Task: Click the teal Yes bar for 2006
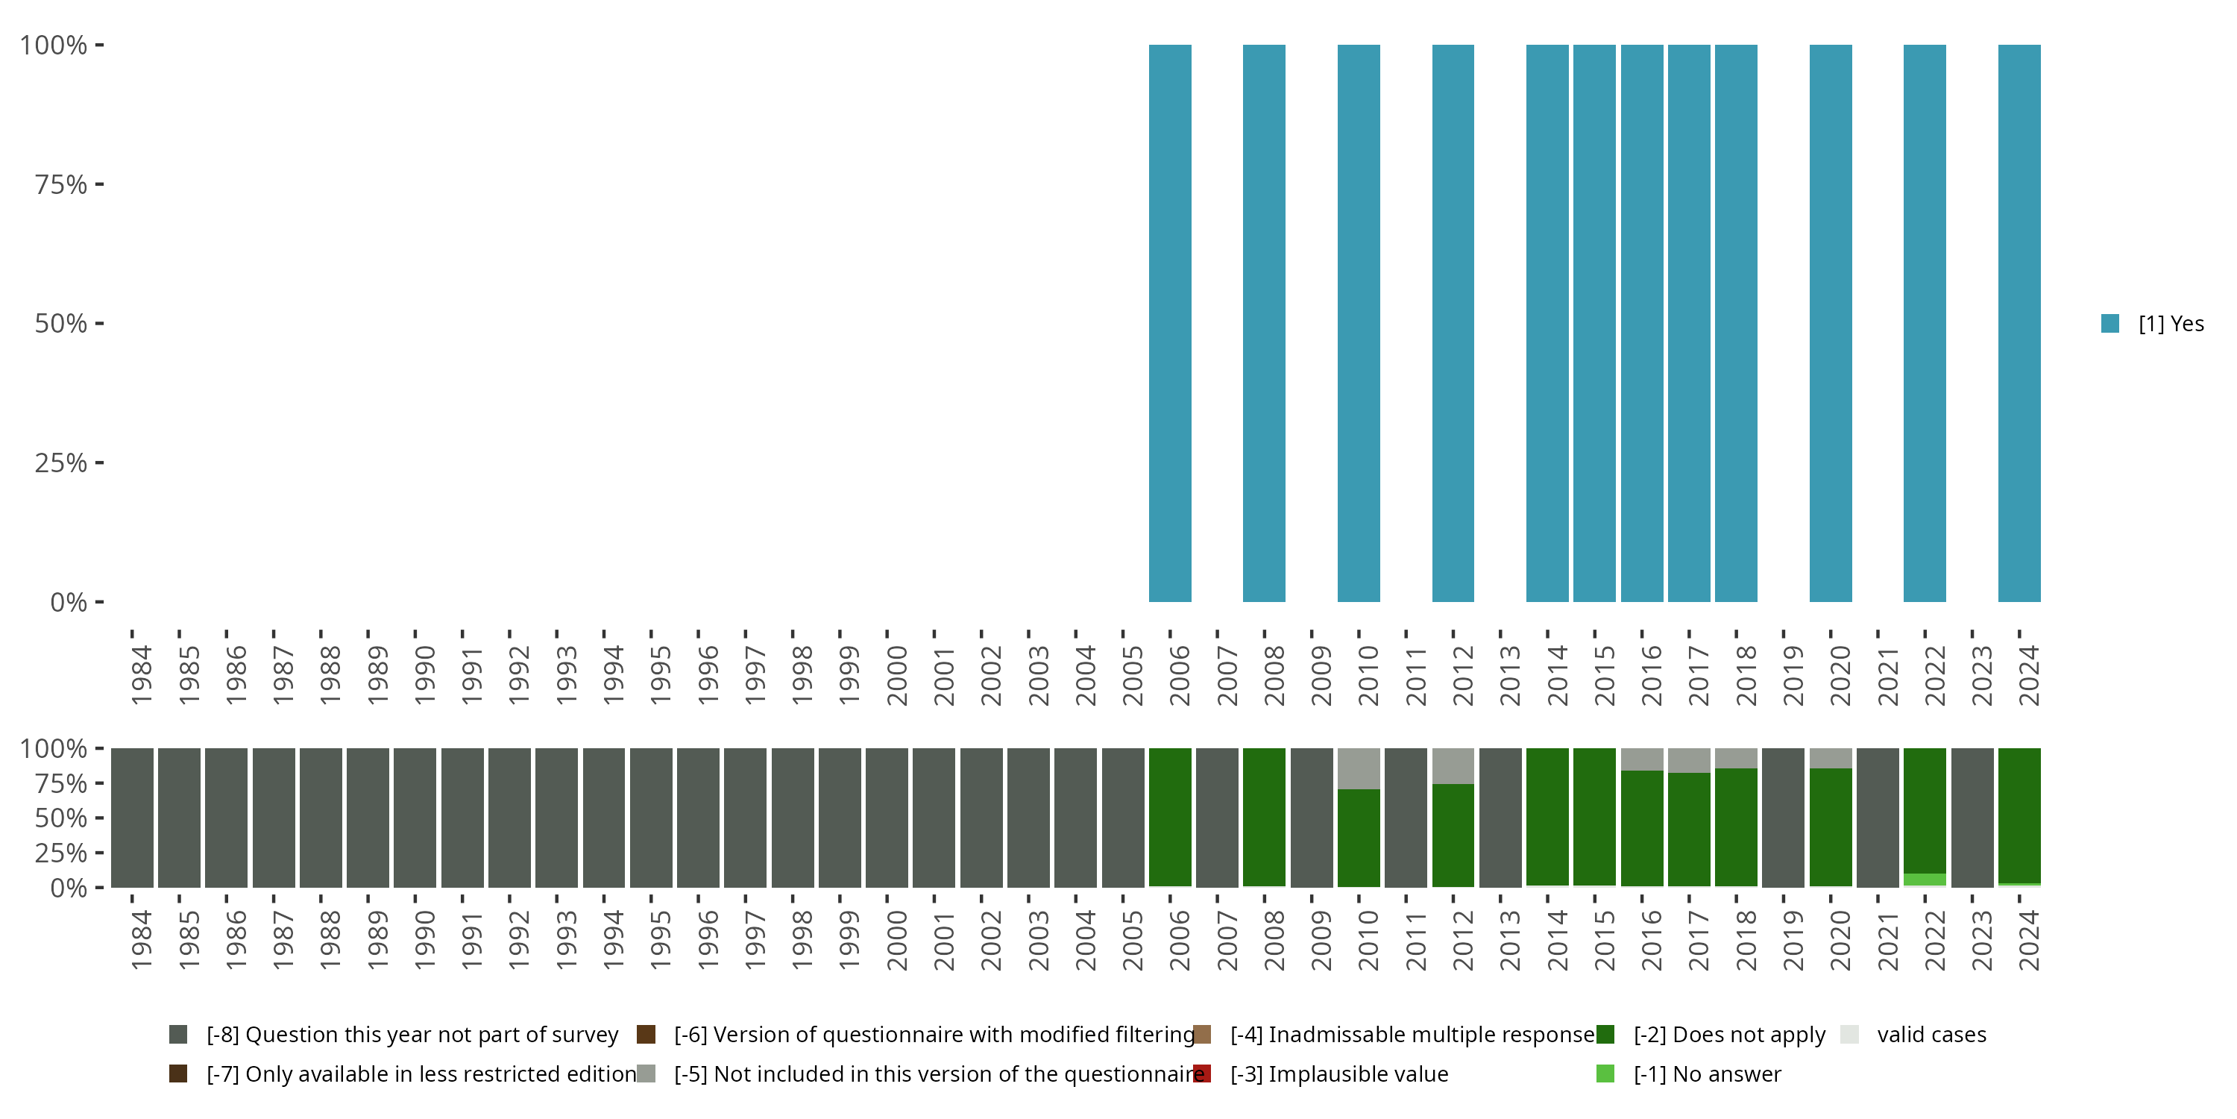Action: click(1170, 323)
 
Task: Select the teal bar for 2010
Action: click(1358, 323)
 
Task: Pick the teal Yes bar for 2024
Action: click(2019, 323)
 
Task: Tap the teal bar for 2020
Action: click(1831, 323)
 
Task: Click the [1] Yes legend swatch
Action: click(2110, 324)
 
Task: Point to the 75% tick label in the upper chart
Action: click(61, 185)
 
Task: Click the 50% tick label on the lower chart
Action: click(61, 818)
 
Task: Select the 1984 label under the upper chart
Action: click(142, 675)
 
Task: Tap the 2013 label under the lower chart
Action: click(1510, 940)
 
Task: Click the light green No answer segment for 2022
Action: click(1925, 880)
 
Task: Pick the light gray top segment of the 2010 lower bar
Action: click(1358, 768)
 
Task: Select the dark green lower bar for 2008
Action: click(1263, 817)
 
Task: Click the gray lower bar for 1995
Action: click(650, 817)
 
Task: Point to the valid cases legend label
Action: click(1931, 1035)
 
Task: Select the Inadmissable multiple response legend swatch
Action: click(1202, 1035)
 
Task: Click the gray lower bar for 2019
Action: click(1783, 817)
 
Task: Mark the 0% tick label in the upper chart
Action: click(69, 602)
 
